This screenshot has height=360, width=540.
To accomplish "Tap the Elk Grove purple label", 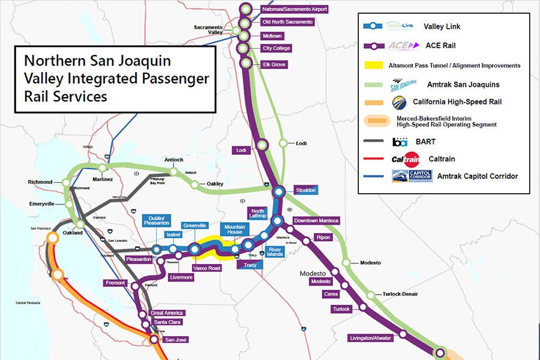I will click(274, 64).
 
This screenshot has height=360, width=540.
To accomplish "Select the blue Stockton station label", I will click(305, 190).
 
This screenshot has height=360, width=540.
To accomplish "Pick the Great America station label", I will click(167, 313).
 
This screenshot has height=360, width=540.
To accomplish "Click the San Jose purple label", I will click(176, 340).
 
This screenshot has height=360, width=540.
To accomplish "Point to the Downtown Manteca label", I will click(316, 221).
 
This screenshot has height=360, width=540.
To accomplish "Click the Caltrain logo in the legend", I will click(405, 159).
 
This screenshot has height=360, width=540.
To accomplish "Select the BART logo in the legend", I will click(400, 142).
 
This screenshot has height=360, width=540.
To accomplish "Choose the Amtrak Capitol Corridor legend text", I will click(477, 176).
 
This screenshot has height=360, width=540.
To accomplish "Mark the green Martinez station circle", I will click(103, 168).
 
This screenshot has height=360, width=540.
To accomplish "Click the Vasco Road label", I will click(206, 268).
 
